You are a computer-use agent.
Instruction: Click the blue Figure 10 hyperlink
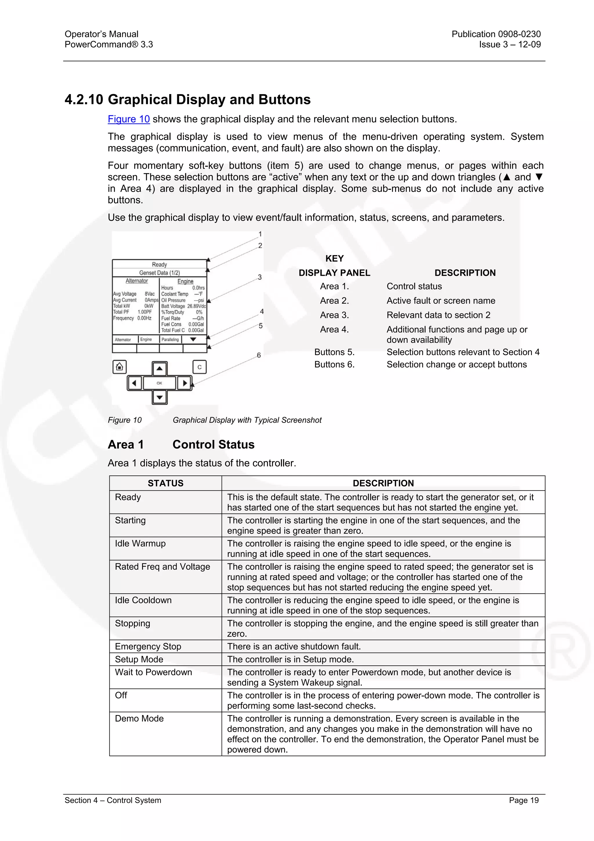(128, 119)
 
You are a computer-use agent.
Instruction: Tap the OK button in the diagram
(159, 383)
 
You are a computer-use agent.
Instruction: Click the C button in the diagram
(200, 367)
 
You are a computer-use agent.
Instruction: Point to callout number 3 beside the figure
(260, 277)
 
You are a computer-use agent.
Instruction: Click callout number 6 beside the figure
(258, 355)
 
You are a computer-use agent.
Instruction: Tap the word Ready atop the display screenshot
(159, 264)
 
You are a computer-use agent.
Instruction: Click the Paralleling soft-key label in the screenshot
(170, 340)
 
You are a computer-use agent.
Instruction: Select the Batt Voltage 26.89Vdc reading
(183, 306)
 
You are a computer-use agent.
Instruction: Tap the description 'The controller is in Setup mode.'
(290, 659)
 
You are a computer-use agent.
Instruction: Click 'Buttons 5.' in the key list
(334, 352)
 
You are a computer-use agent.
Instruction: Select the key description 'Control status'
(414, 287)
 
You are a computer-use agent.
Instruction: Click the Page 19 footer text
(523, 800)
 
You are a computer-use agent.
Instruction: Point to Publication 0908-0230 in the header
(496, 34)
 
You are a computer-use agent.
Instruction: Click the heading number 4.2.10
(84, 100)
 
